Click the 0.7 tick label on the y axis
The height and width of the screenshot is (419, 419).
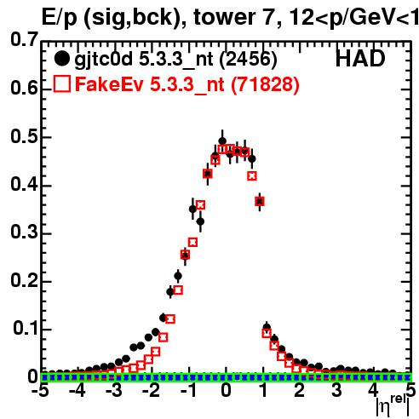tap(25, 40)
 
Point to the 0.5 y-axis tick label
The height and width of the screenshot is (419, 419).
tap(25, 137)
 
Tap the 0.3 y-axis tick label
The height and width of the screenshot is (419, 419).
tap(25, 232)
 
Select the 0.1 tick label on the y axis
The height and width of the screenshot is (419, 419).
tap(26, 328)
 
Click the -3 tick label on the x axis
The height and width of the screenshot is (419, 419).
tap(114, 390)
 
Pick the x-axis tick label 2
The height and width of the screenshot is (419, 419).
tap(300, 390)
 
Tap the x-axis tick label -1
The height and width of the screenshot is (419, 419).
tap(188, 390)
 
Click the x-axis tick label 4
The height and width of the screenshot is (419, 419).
tap(374, 390)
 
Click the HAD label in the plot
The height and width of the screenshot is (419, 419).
tap(360, 59)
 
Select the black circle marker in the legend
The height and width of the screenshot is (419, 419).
tap(61, 59)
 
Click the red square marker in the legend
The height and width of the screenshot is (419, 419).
tap(62, 83)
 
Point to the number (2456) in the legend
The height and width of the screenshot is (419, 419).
tap(248, 60)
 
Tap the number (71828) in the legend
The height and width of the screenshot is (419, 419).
tap(265, 84)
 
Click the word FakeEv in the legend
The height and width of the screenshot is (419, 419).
tap(109, 84)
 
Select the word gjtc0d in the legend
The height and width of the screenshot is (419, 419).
tap(104, 60)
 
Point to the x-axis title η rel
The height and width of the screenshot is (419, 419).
tap(393, 405)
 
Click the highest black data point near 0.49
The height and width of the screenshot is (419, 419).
tap(222, 141)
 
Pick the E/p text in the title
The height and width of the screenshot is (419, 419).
tap(59, 19)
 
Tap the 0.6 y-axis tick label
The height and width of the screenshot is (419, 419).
tap(25, 88)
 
